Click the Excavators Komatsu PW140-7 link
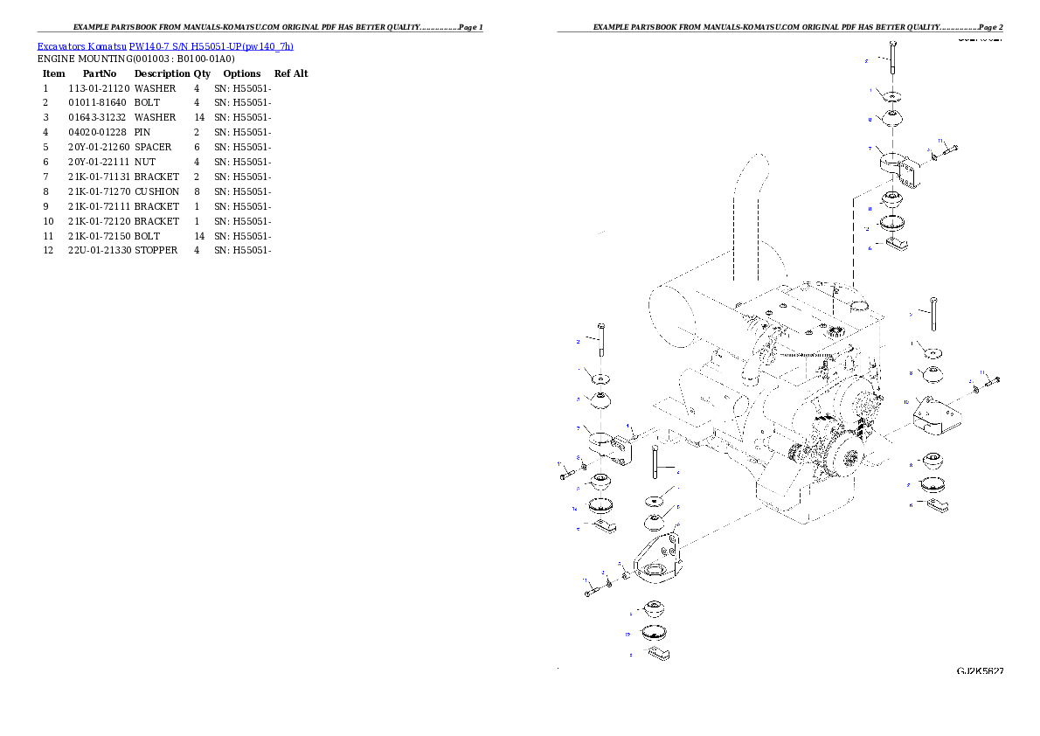(165, 46)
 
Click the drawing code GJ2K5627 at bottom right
(980, 671)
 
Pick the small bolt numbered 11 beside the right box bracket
(991, 381)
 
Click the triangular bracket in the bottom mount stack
(655, 559)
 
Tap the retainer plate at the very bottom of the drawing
(661, 652)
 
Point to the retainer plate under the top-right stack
(897, 245)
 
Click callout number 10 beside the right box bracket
(905, 403)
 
